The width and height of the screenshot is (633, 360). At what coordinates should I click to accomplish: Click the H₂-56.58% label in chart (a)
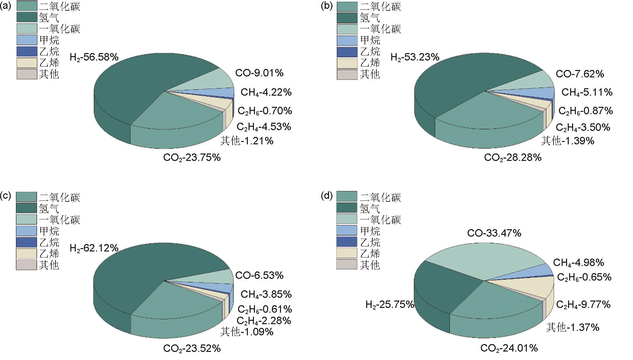[x=94, y=57]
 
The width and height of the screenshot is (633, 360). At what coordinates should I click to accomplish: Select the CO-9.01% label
[x=259, y=73]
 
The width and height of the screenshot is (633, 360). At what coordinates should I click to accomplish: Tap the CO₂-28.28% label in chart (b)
[x=513, y=158]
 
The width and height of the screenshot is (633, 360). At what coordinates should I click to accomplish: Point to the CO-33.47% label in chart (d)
[x=494, y=233]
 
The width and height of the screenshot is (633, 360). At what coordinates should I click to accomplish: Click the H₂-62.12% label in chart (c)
[x=94, y=248]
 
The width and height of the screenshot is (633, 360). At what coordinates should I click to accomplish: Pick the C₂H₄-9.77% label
[x=583, y=305]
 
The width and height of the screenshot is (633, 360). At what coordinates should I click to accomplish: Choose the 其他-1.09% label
[x=247, y=332]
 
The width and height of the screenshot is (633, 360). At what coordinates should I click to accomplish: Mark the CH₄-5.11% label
[x=587, y=92]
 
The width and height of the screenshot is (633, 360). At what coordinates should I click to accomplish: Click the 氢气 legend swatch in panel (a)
[x=26, y=18]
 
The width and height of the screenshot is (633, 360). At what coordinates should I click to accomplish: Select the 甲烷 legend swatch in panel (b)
[x=347, y=40]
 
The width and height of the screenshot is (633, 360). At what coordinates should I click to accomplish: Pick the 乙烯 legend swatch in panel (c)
[x=26, y=254]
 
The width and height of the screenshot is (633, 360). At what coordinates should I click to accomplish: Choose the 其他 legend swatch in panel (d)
[x=347, y=265]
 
